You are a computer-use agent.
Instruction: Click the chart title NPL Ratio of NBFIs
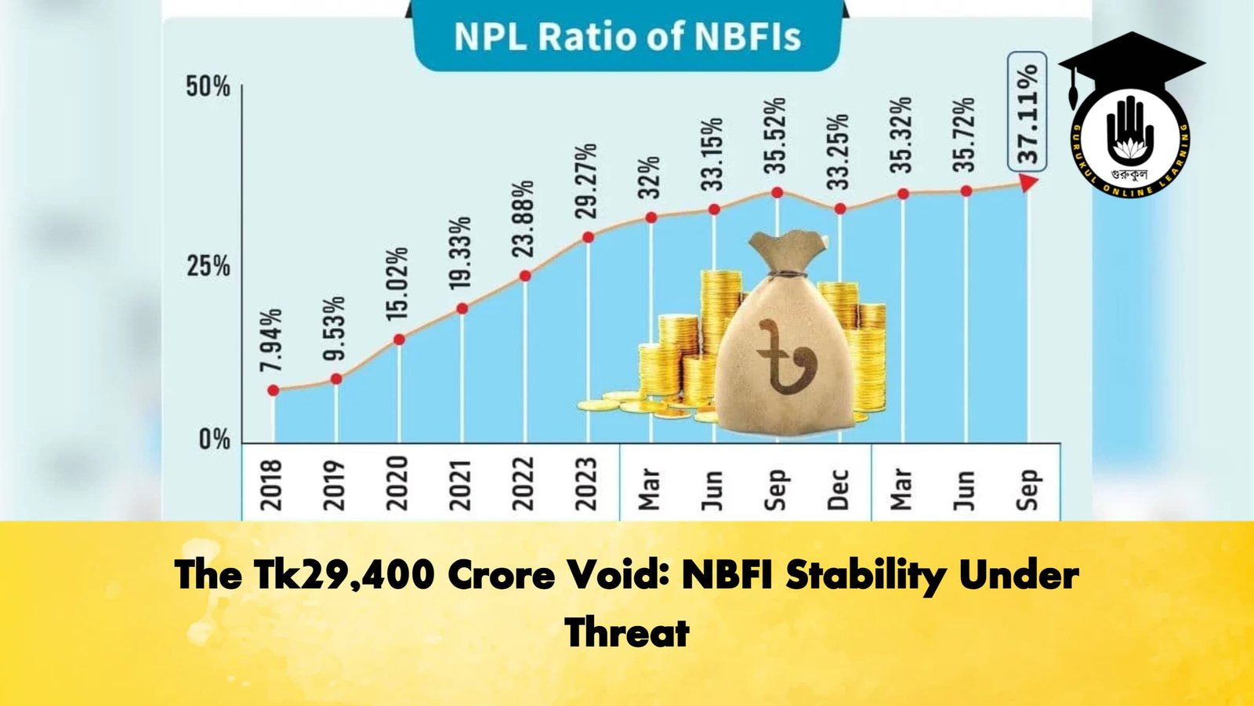click(627, 38)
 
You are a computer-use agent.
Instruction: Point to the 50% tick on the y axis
click(208, 86)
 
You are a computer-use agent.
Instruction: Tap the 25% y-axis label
click(208, 267)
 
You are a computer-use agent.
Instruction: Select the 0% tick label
click(214, 439)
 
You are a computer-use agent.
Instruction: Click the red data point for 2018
click(273, 391)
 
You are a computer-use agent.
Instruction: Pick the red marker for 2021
click(462, 308)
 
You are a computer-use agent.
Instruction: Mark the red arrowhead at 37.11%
click(1029, 183)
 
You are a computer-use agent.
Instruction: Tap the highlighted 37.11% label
click(1027, 114)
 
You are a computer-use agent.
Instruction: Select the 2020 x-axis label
click(398, 483)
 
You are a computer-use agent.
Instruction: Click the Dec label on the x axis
click(839, 489)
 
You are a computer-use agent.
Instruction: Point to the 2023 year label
click(586, 483)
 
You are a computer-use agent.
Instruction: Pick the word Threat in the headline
click(627, 632)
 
